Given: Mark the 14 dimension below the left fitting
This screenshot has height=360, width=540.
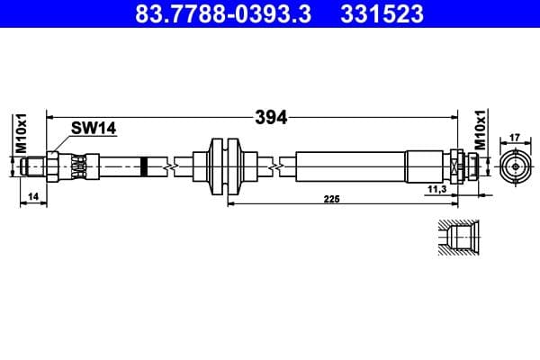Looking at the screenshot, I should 32,195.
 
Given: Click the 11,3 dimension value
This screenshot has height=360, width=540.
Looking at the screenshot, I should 438,190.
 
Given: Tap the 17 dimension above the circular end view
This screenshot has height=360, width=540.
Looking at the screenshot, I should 515,138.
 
